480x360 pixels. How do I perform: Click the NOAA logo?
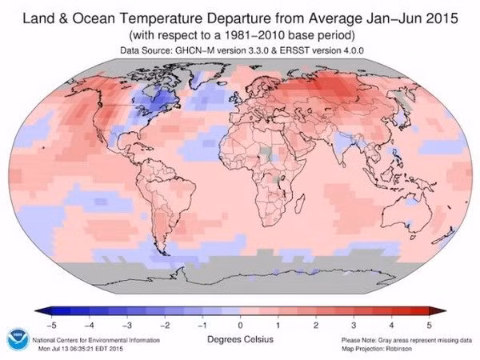click(18, 340)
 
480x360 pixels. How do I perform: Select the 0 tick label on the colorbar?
click(240, 325)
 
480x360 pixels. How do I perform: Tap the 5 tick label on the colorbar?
click(429, 325)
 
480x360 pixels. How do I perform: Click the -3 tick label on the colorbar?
click(126, 325)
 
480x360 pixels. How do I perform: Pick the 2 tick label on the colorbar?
click(316, 325)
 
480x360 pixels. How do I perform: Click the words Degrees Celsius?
click(240, 339)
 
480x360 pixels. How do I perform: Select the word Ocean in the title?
click(94, 18)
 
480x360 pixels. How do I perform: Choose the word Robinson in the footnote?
click(399, 349)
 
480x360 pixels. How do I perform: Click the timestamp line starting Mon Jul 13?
click(81, 349)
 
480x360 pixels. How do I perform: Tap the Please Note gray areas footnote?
click(406, 340)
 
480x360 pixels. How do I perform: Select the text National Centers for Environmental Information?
click(96, 340)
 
